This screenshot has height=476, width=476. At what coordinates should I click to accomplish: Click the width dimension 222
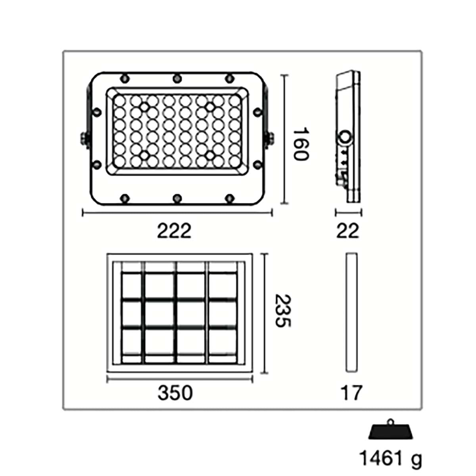coord(174,231)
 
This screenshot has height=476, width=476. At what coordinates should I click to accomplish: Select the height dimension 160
coord(300,144)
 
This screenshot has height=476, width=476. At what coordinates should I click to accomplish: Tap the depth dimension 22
coord(347,231)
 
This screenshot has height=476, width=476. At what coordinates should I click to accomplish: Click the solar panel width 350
coord(175,393)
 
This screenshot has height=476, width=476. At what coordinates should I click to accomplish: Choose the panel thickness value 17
coord(351,393)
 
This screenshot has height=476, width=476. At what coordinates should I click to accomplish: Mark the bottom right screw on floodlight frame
coord(229,198)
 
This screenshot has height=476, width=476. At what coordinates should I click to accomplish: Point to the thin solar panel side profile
coord(351,312)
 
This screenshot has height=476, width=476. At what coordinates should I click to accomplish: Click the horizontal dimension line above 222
coord(177,213)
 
